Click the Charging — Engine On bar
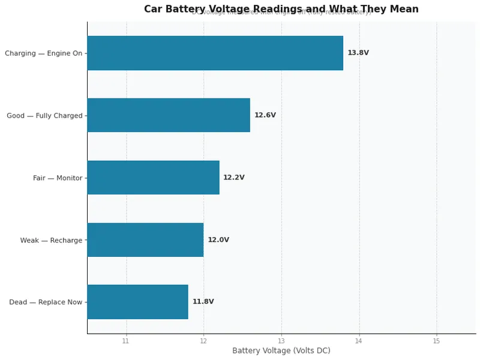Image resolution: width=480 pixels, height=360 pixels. pyautogui.click(x=215, y=53)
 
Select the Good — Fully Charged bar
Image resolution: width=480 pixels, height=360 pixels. pyautogui.click(x=169, y=115)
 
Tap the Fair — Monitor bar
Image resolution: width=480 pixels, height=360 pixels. pyautogui.click(x=153, y=178)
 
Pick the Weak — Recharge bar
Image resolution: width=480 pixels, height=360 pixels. pyautogui.click(x=145, y=240)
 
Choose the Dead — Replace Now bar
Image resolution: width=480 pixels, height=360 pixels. pyautogui.click(x=137, y=302)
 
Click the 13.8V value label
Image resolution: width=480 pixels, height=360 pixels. pyautogui.click(x=358, y=53)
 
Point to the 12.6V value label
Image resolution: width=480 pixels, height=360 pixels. pyautogui.click(x=265, y=115)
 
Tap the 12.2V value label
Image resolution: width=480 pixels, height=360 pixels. pyautogui.click(x=234, y=178)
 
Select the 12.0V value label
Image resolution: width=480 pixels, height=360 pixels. pyautogui.click(x=218, y=240)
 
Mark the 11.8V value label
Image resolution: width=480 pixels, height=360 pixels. pyautogui.click(x=203, y=302)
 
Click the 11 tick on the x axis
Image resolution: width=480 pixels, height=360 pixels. pyautogui.click(x=126, y=341)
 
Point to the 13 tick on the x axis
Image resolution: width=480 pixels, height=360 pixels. pyautogui.click(x=281, y=341)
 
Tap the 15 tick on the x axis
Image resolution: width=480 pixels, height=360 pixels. pyautogui.click(x=436, y=341)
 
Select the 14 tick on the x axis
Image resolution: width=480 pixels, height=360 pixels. pyautogui.click(x=359, y=341)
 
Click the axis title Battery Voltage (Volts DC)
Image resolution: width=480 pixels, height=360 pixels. pyautogui.click(x=281, y=351)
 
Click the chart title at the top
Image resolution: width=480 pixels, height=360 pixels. pyautogui.click(x=281, y=9)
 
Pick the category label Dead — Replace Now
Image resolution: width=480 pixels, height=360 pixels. pyautogui.click(x=46, y=302)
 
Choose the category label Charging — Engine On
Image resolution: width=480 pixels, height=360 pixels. pyautogui.click(x=43, y=53)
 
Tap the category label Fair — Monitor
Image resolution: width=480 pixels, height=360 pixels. pyautogui.click(x=58, y=178)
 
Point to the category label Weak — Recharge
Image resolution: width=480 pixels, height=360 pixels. pyautogui.click(x=51, y=241)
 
